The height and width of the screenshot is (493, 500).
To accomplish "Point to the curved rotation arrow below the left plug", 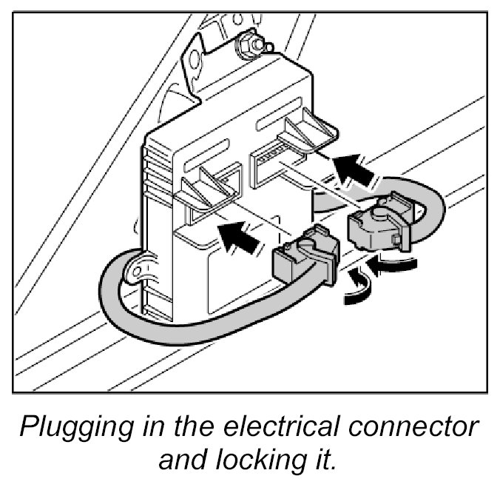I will coord(352,291).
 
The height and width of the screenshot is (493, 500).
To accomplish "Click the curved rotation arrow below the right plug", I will coord(393,266).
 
